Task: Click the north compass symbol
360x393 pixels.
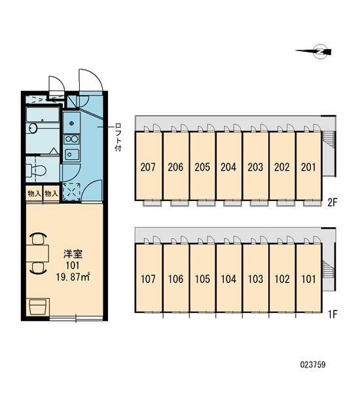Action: (x=316, y=52)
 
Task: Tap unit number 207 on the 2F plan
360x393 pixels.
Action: (x=148, y=167)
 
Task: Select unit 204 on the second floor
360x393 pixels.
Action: (x=228, y=167)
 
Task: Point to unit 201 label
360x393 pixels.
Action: (x=308, y=167)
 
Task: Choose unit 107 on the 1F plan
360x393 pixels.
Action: (x=148, y=279)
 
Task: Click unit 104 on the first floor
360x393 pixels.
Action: (x=228, y=279)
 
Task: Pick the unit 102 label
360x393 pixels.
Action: (x=282, y=279)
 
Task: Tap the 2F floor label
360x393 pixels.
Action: (x=333, y=202)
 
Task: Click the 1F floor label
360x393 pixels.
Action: (x=333, y=314)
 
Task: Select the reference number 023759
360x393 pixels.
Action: (x=313, y=364)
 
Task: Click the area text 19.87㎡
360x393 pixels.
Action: (x=73, y=277)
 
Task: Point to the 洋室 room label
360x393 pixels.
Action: (x=73, y=254)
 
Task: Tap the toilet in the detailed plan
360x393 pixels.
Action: (x=36, y=170)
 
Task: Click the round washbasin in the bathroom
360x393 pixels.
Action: (x=33, y=128)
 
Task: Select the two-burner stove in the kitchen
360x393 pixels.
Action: (x=71, y=139)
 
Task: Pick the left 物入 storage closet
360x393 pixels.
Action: (x=34, y=193)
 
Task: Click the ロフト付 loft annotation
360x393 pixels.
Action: (x=118, y=137)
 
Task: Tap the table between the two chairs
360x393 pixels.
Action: (x=37, y=253)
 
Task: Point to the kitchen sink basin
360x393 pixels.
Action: (x=71, y=155)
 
